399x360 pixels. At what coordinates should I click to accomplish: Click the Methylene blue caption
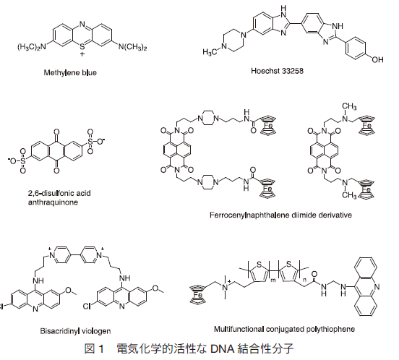(70, 73)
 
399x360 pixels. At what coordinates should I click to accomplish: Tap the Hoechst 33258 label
(277, 70)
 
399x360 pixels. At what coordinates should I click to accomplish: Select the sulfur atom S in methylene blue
(82, 47)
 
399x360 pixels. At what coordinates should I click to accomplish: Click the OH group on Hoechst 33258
(377, 59)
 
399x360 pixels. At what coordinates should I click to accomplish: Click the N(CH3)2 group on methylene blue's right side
(132, 47)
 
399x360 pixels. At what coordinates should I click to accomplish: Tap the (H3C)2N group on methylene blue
(32, 47)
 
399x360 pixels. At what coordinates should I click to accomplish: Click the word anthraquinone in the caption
(53, 202)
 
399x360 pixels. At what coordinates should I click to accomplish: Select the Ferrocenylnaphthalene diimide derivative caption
(280, 215)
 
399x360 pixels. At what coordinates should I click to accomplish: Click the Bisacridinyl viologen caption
(75, 331)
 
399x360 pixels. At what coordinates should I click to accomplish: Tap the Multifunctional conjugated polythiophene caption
(284, 329)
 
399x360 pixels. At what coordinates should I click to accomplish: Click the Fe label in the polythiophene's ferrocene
(198, 295)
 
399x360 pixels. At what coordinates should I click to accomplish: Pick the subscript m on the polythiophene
(273, 280)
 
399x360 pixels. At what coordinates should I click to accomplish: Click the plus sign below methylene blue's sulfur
(82, 54)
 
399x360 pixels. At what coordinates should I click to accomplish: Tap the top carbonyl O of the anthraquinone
(56, 132)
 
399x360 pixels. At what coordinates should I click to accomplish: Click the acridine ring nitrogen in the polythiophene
(377, 287)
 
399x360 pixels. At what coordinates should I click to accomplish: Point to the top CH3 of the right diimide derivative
(350, 106)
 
